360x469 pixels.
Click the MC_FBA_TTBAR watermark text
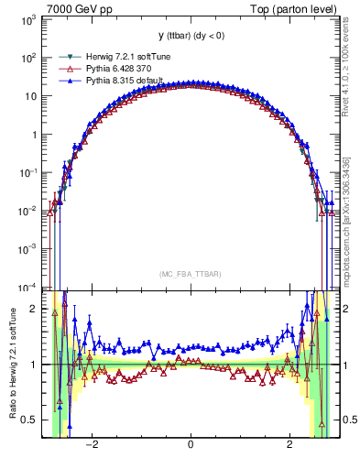(190, 274)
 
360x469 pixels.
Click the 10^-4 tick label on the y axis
(27, 288)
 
